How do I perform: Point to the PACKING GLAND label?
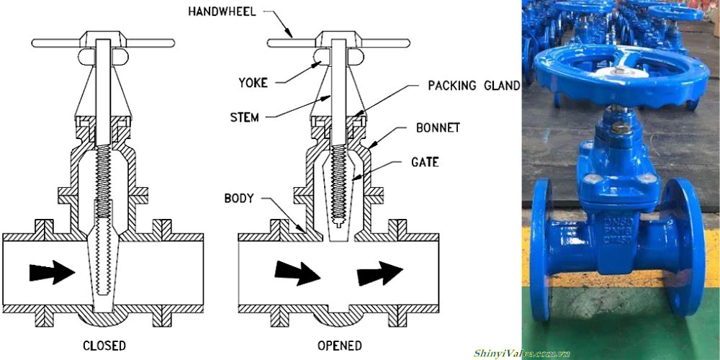tap(474, 86)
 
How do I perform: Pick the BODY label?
tap(238, 197)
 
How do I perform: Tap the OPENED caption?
tap(339, 346)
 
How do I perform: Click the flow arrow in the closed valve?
tap(52, 272)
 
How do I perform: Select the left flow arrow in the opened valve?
tap(296, 272)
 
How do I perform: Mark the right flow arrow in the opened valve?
tap(379, 272)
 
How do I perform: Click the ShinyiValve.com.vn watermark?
tap(522, 353)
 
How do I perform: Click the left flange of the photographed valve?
tap(541, 245)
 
